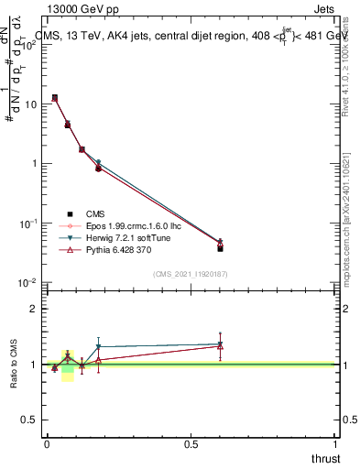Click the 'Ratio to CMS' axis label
13,365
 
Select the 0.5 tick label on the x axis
191,443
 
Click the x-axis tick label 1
336,443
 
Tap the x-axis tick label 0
47,443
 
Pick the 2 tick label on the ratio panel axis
35,309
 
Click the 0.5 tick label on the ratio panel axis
30,420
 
